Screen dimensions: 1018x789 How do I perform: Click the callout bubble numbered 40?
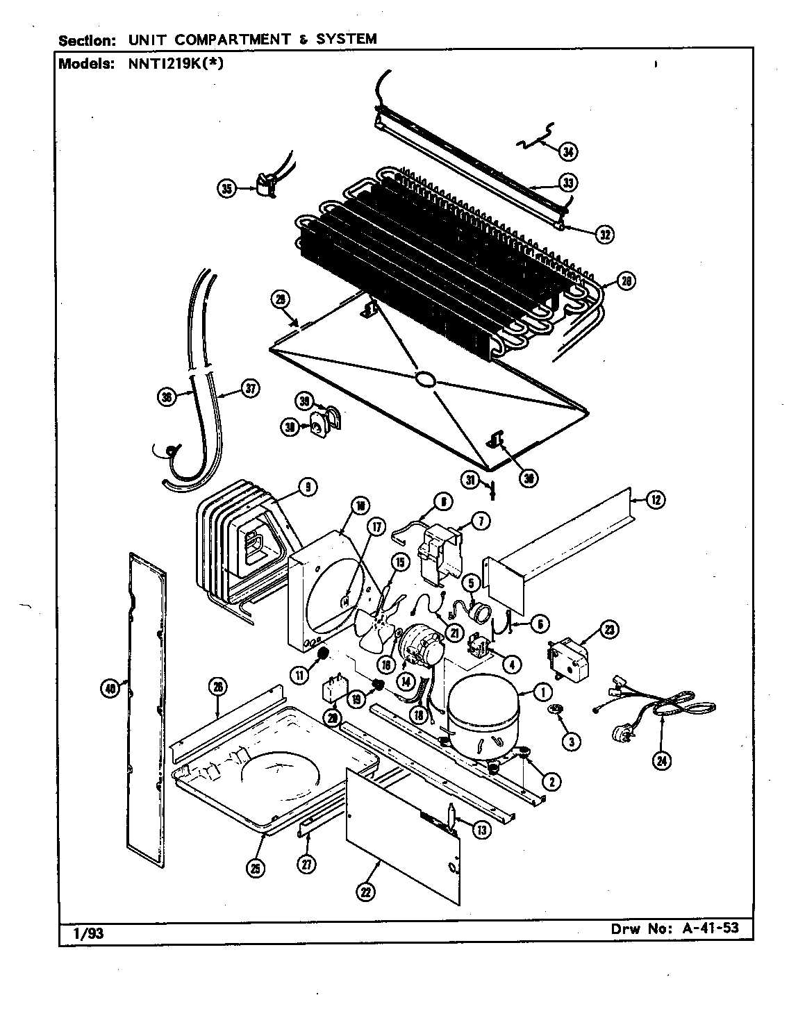(x=109, y=688)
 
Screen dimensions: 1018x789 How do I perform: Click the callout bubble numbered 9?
(x=306, y=488)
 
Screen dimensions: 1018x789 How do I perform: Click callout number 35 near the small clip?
(x=227, y=188)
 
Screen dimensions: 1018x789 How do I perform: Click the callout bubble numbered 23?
(x=609, y=630)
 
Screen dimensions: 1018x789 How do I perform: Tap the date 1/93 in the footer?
(x=88, y=933)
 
